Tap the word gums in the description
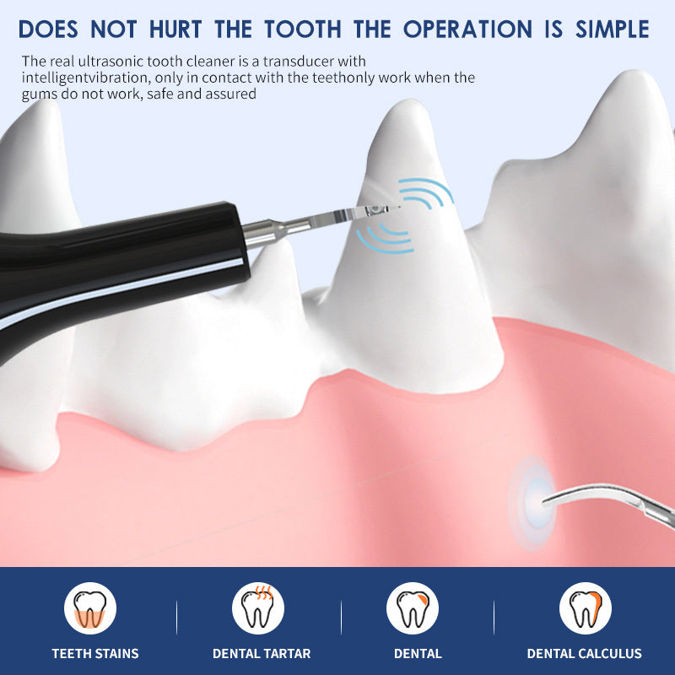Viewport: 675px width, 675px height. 38,94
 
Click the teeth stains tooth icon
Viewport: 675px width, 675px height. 89,607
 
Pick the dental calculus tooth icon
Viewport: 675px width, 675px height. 585,607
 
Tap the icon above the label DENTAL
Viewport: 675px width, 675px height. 413,607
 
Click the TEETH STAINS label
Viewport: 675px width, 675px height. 95,654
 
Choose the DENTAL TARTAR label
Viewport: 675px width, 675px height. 262,654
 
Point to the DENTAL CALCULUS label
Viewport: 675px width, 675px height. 584,654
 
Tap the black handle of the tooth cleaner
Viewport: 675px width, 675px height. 127,253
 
